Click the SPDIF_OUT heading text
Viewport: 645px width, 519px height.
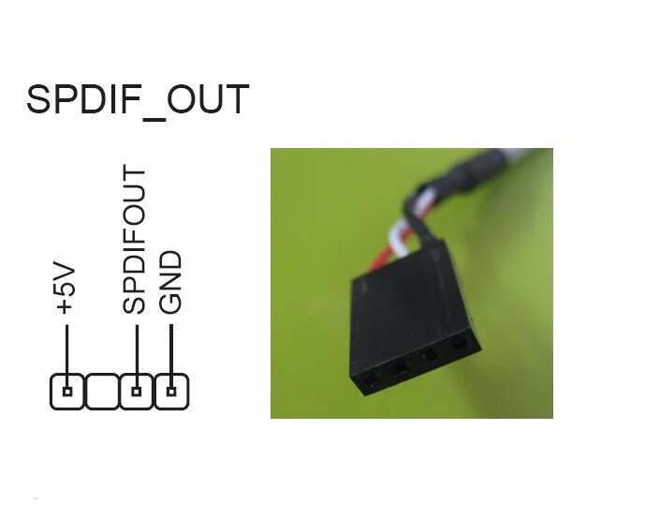(138, 99)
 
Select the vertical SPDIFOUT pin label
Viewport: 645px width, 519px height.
(136, 240)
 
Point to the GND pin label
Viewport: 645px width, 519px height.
(170, 281)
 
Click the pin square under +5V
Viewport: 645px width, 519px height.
(66, 391)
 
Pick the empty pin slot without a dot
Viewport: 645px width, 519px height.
(101, 391)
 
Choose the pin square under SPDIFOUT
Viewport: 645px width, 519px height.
(137, 391)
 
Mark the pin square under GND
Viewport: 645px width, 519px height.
(170, 391)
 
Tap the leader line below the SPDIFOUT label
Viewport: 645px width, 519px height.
(137, 349)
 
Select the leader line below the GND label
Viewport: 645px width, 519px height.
(170, 349)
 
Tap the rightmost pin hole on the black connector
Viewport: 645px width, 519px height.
(459, 345)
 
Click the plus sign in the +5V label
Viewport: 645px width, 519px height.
(65, 306)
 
